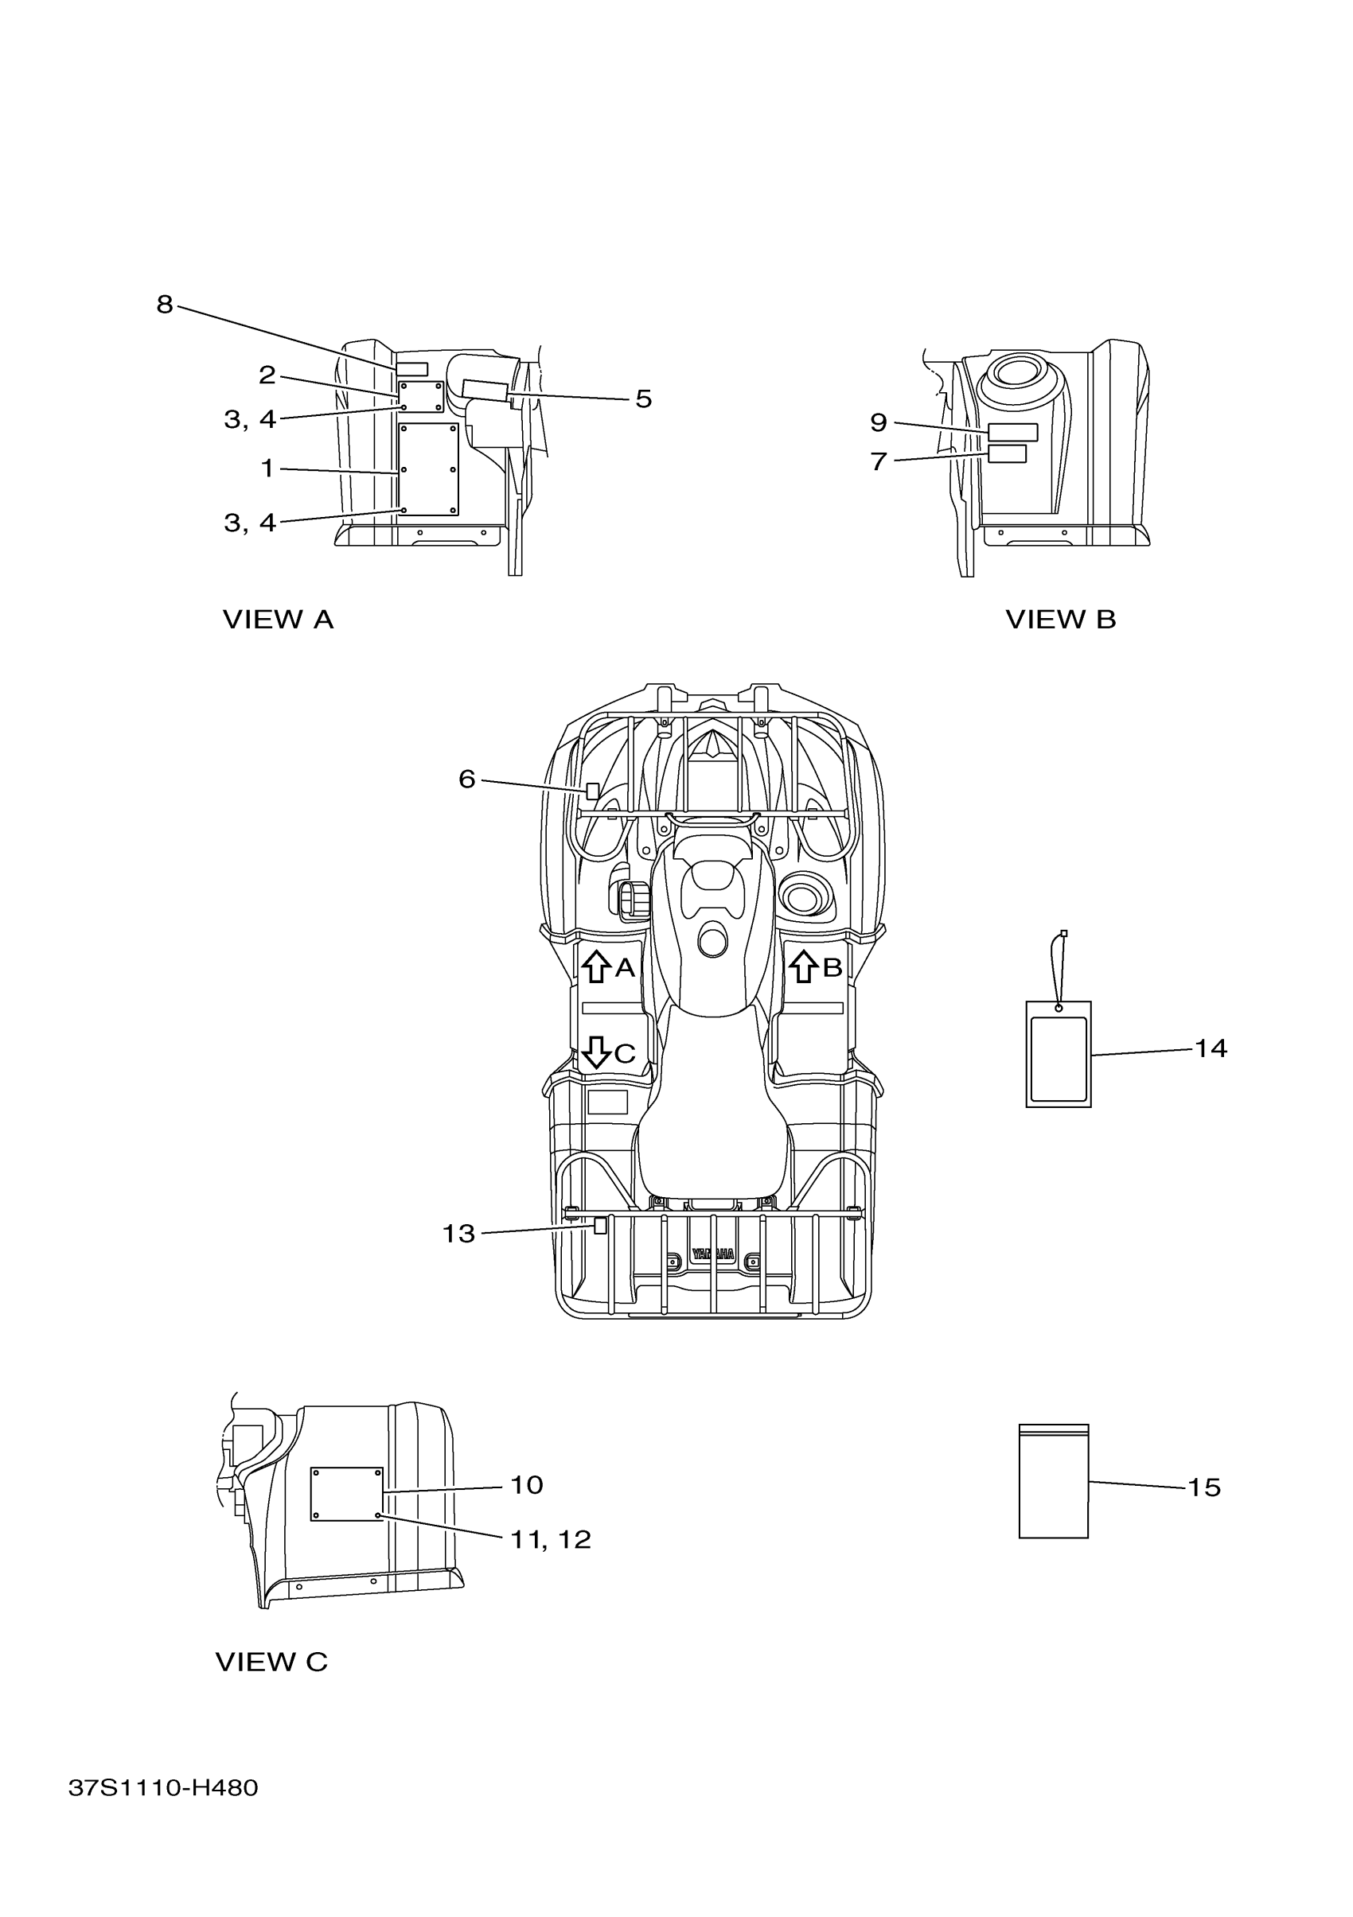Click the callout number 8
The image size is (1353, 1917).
pos(165,305)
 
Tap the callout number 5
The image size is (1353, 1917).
pos(642,399)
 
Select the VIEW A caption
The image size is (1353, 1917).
pos(277,620)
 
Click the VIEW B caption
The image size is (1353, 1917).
pos(1060,620)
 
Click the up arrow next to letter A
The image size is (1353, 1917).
pos(595,966)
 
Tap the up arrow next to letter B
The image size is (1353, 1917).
pos(804,966)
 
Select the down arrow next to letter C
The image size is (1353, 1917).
pos(595,1052)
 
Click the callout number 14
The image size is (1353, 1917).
pos(1211,1048)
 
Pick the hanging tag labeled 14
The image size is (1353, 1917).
pos(1059,1054)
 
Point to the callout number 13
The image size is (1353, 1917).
pos(458,1233)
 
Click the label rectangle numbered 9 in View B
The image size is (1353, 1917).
pos(1012,432)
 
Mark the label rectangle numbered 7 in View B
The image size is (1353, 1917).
pos(1007,453)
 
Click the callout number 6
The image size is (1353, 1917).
pos(467,779)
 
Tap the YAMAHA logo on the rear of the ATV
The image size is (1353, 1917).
pos(712,1277)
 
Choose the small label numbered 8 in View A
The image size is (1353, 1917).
pos(411,369)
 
